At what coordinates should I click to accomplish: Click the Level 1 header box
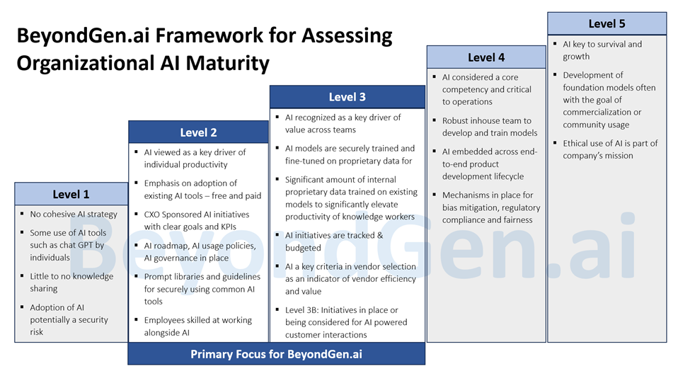71,194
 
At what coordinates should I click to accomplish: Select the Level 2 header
198,132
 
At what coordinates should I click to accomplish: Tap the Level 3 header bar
347,97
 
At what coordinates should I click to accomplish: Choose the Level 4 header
486,57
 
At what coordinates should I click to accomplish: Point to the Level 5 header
606,23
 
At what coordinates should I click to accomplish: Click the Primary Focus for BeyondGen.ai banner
276,354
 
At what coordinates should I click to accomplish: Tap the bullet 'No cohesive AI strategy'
73,214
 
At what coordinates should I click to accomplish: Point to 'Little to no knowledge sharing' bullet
71,283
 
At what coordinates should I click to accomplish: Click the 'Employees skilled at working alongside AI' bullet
197,326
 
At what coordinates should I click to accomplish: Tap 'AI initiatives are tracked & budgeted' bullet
334,241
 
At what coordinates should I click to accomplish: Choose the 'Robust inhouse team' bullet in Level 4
487,127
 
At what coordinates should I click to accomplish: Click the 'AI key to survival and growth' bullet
602,50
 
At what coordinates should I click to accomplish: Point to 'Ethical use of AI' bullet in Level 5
610,149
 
